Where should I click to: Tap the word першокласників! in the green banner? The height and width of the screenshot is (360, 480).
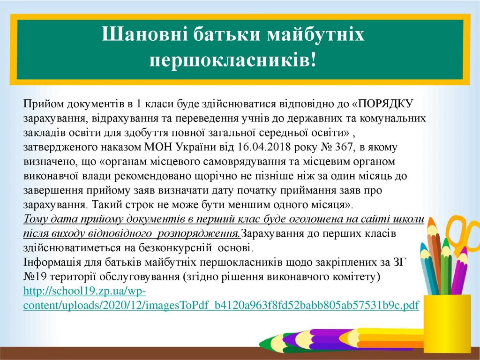pyautogui.click(x=232, y=60)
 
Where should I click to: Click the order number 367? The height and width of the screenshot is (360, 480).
pyautogui.click(x=345, y=147)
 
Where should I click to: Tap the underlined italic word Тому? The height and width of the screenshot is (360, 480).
pyautogui.click(x=36, y=219)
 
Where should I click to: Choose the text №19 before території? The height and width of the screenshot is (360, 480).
pyautogui.click(x=35, y=277)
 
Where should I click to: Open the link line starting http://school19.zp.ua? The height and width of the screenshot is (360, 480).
pyautogui.click(x=85, y=291)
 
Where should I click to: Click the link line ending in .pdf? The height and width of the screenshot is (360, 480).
pyautogui.click(x=221, y=306)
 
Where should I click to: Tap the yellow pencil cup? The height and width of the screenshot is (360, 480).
pyautogui.click(x=447, y=323)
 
